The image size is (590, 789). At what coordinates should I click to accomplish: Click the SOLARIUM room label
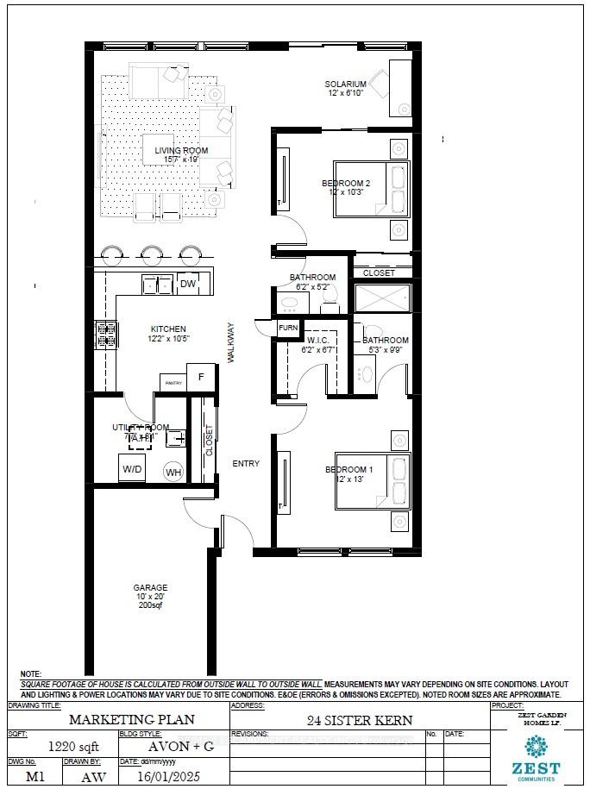click(x=345, y=84)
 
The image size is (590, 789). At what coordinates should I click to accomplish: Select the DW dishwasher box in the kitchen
click(x=188, y=284)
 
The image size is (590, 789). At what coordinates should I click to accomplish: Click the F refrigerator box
click(x=201, y=377)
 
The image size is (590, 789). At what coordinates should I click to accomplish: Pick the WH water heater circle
click(x=173, y=472)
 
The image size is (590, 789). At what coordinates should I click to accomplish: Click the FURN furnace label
click(x=287, y=329)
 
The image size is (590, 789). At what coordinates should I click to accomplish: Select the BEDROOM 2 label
click(x=346, y=183)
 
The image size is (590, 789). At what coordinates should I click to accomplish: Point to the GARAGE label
click(x=149, y=587)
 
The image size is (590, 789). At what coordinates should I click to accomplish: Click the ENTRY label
click(x=246, y=464)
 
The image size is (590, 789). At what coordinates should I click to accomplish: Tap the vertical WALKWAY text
click(x=231, y=343)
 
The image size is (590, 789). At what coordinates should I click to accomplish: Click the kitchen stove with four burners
click(x=106, y=335)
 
